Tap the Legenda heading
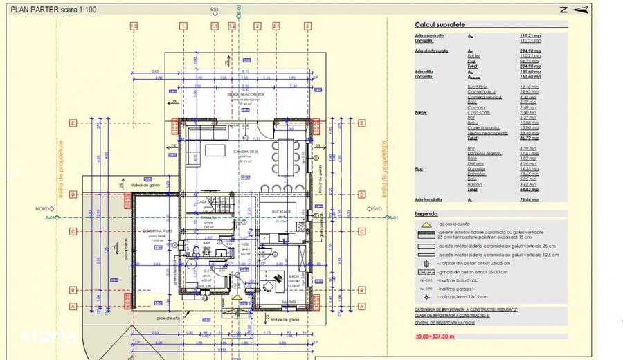[426, 214]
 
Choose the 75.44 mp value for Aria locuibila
[529, 199]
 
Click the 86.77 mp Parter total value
[529, 139]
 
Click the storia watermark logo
[48, 336]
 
